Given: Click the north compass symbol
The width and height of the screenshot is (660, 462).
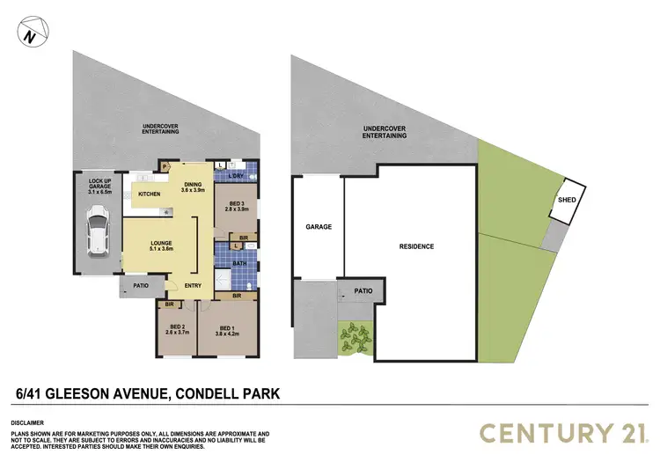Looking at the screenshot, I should click(x=31, y=36).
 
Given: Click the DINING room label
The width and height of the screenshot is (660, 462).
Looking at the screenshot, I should click(x=192, y=186).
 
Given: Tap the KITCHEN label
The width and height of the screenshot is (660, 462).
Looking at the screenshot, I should click(x=148, y=194).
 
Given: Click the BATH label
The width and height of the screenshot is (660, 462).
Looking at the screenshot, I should click(x=240, y=263).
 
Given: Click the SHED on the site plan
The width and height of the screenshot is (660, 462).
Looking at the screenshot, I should click(x=567, y=201).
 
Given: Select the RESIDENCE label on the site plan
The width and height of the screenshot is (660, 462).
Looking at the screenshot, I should click(x=416, y=246).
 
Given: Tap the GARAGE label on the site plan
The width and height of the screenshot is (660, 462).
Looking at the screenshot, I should click(x=319, y=227).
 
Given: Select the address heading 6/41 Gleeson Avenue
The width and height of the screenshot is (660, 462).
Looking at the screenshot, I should click(x=147, y=392).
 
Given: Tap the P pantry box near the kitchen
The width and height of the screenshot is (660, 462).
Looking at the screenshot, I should click(x=165, y=165).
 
